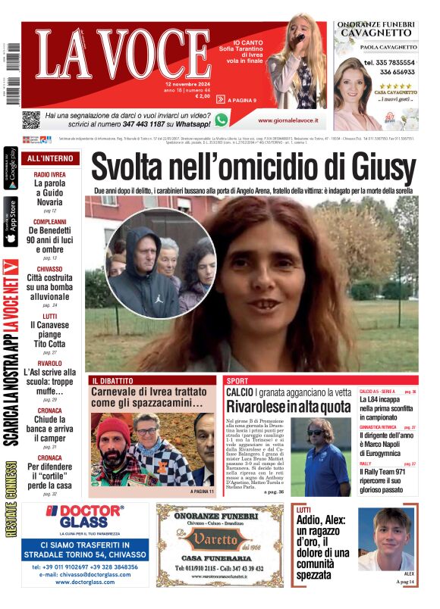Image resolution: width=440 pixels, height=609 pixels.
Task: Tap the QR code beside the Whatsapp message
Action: click(30, 120)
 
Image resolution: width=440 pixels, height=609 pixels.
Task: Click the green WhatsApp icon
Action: click(221, 120)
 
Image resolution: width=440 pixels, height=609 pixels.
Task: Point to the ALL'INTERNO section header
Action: click(50, 158)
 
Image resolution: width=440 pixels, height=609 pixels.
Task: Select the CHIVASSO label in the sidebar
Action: click(49, 269)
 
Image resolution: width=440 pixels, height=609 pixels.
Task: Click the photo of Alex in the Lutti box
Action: click(388, 540)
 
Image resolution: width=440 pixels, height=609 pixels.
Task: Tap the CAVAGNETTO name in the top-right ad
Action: click(376, 33)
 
